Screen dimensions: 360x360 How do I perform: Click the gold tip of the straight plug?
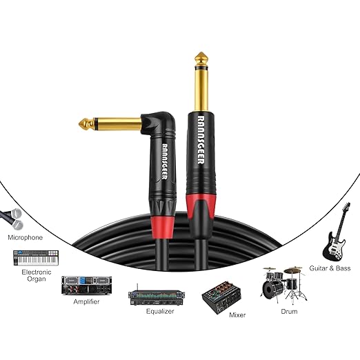coord(201,57)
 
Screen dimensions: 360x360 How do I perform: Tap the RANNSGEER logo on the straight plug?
coord(201,140)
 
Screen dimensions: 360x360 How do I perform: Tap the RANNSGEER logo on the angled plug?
coord(165,161)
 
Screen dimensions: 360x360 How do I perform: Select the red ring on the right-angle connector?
coord(163,228)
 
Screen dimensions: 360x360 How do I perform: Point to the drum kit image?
coord(284,285)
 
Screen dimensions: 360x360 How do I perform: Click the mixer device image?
coord(221,297)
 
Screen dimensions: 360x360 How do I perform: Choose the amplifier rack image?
coord(86,286)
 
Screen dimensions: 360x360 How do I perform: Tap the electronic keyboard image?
coord(36,258)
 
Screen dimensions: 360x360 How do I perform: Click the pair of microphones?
coord(12,219)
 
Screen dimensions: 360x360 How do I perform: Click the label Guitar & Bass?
coord(330,268)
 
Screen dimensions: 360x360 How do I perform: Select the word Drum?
coord(289,312)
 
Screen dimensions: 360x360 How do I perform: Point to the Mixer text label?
coord(237,314)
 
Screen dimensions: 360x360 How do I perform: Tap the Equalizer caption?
coord(160,311)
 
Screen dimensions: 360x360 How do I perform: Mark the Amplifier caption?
coord(86,301)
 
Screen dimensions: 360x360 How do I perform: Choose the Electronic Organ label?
coord(37,275)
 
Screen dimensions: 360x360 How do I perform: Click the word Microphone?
coord(26,237)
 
